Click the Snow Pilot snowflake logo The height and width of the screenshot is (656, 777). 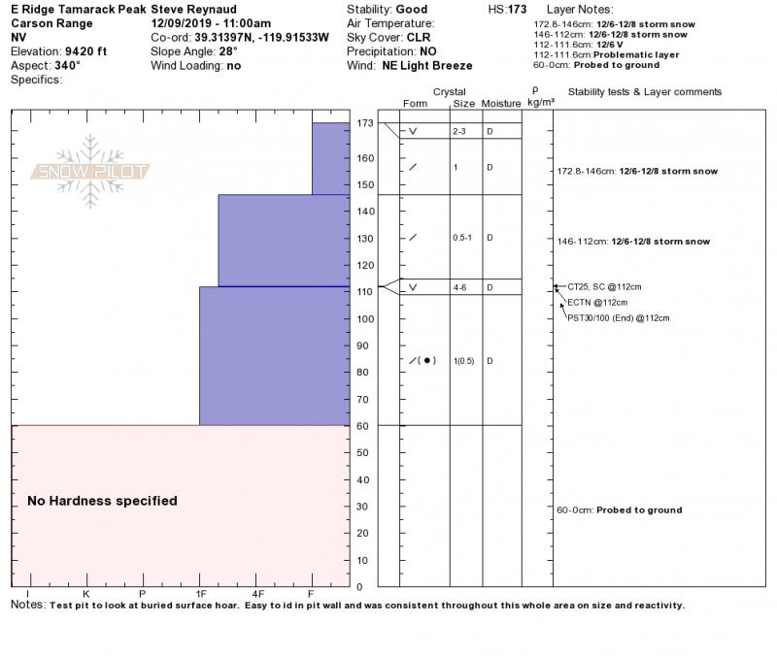pyautogui.click(x=90, y=172)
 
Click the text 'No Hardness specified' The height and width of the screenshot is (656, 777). pyautogui.click(x=102, y=501)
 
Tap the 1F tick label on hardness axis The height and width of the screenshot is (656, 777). pyautogui.click(x=201, y=593)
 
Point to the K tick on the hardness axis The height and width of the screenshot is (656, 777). pyautogui.click(x=86, y=593)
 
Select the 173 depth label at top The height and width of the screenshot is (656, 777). pyautogui.click(x=365, y=123)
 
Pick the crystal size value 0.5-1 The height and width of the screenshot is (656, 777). pyautogui.click(x=463, y=238)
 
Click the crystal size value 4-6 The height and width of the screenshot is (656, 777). pyautogui.click(x=460, y=288)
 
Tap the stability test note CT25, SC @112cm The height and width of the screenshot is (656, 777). pyautogui.click(x=603, y=287)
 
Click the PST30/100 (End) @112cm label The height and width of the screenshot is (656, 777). pyautogui.click(x=619, y=317)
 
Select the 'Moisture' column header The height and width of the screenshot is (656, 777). pyautogui.click(x=501, y=103)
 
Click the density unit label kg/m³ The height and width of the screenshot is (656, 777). pyautogui.click(x=540, y=101)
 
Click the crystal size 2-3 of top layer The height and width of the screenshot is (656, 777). pyautogui.click(x=460, y=131)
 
